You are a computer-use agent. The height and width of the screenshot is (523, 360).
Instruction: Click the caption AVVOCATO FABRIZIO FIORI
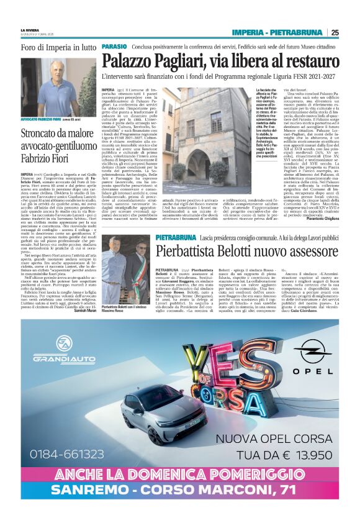point(47,119)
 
